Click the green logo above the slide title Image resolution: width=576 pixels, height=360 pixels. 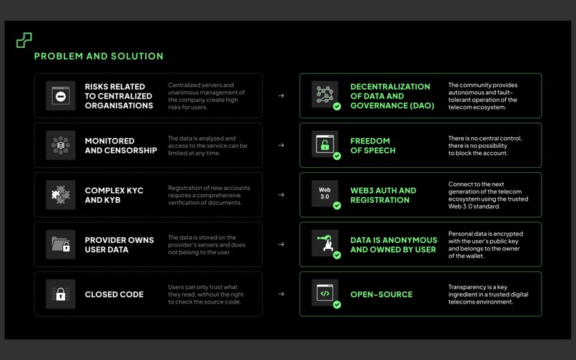coord(24,40)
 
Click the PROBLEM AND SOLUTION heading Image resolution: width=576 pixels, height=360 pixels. coord(99,56)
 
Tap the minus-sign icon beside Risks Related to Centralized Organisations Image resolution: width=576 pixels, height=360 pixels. coord(61,96)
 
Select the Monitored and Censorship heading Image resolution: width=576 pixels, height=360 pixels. coord(121,146)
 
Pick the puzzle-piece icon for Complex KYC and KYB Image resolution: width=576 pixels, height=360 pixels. coord(61,195)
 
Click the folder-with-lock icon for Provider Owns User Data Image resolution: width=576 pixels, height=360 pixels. coord(61,244)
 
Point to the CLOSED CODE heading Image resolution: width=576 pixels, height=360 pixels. coord(114,294)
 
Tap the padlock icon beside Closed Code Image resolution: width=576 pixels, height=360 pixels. coord(61,294)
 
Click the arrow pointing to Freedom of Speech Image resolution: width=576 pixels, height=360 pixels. coord(281,146)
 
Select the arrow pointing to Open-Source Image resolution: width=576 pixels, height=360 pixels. coord(281,294)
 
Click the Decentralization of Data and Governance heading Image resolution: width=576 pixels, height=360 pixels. coord(390,96)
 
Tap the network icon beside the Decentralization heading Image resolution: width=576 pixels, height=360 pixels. coord(324,94)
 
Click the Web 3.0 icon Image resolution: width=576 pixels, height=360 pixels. coord(324,193)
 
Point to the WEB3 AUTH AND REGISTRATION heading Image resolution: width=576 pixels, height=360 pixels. coord(383,195)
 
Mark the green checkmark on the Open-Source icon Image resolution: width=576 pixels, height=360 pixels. coord(337,305)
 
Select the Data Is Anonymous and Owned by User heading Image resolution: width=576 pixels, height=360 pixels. coord(394,245)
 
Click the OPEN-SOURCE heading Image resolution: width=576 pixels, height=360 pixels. coord(381,294)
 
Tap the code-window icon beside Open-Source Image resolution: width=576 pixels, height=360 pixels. coord(324,292)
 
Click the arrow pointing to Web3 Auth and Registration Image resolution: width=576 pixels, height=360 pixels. coord(281,195)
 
